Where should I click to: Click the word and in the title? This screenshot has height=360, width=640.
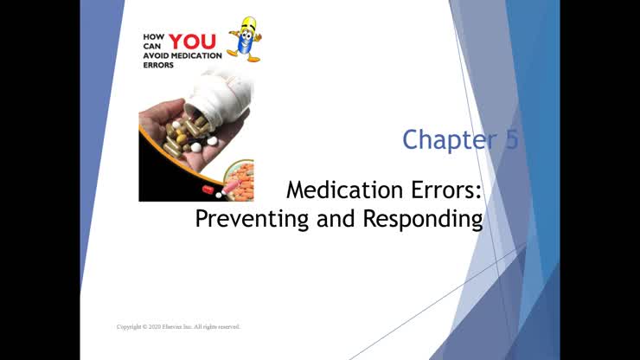333,218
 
